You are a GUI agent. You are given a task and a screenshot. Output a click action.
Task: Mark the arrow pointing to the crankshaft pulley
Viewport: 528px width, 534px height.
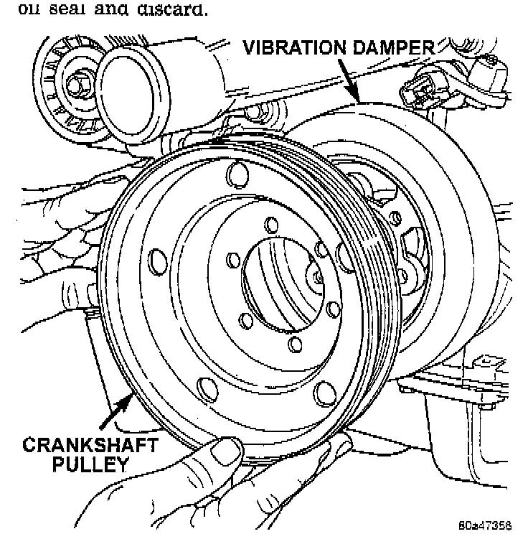click(x=115, y=413)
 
